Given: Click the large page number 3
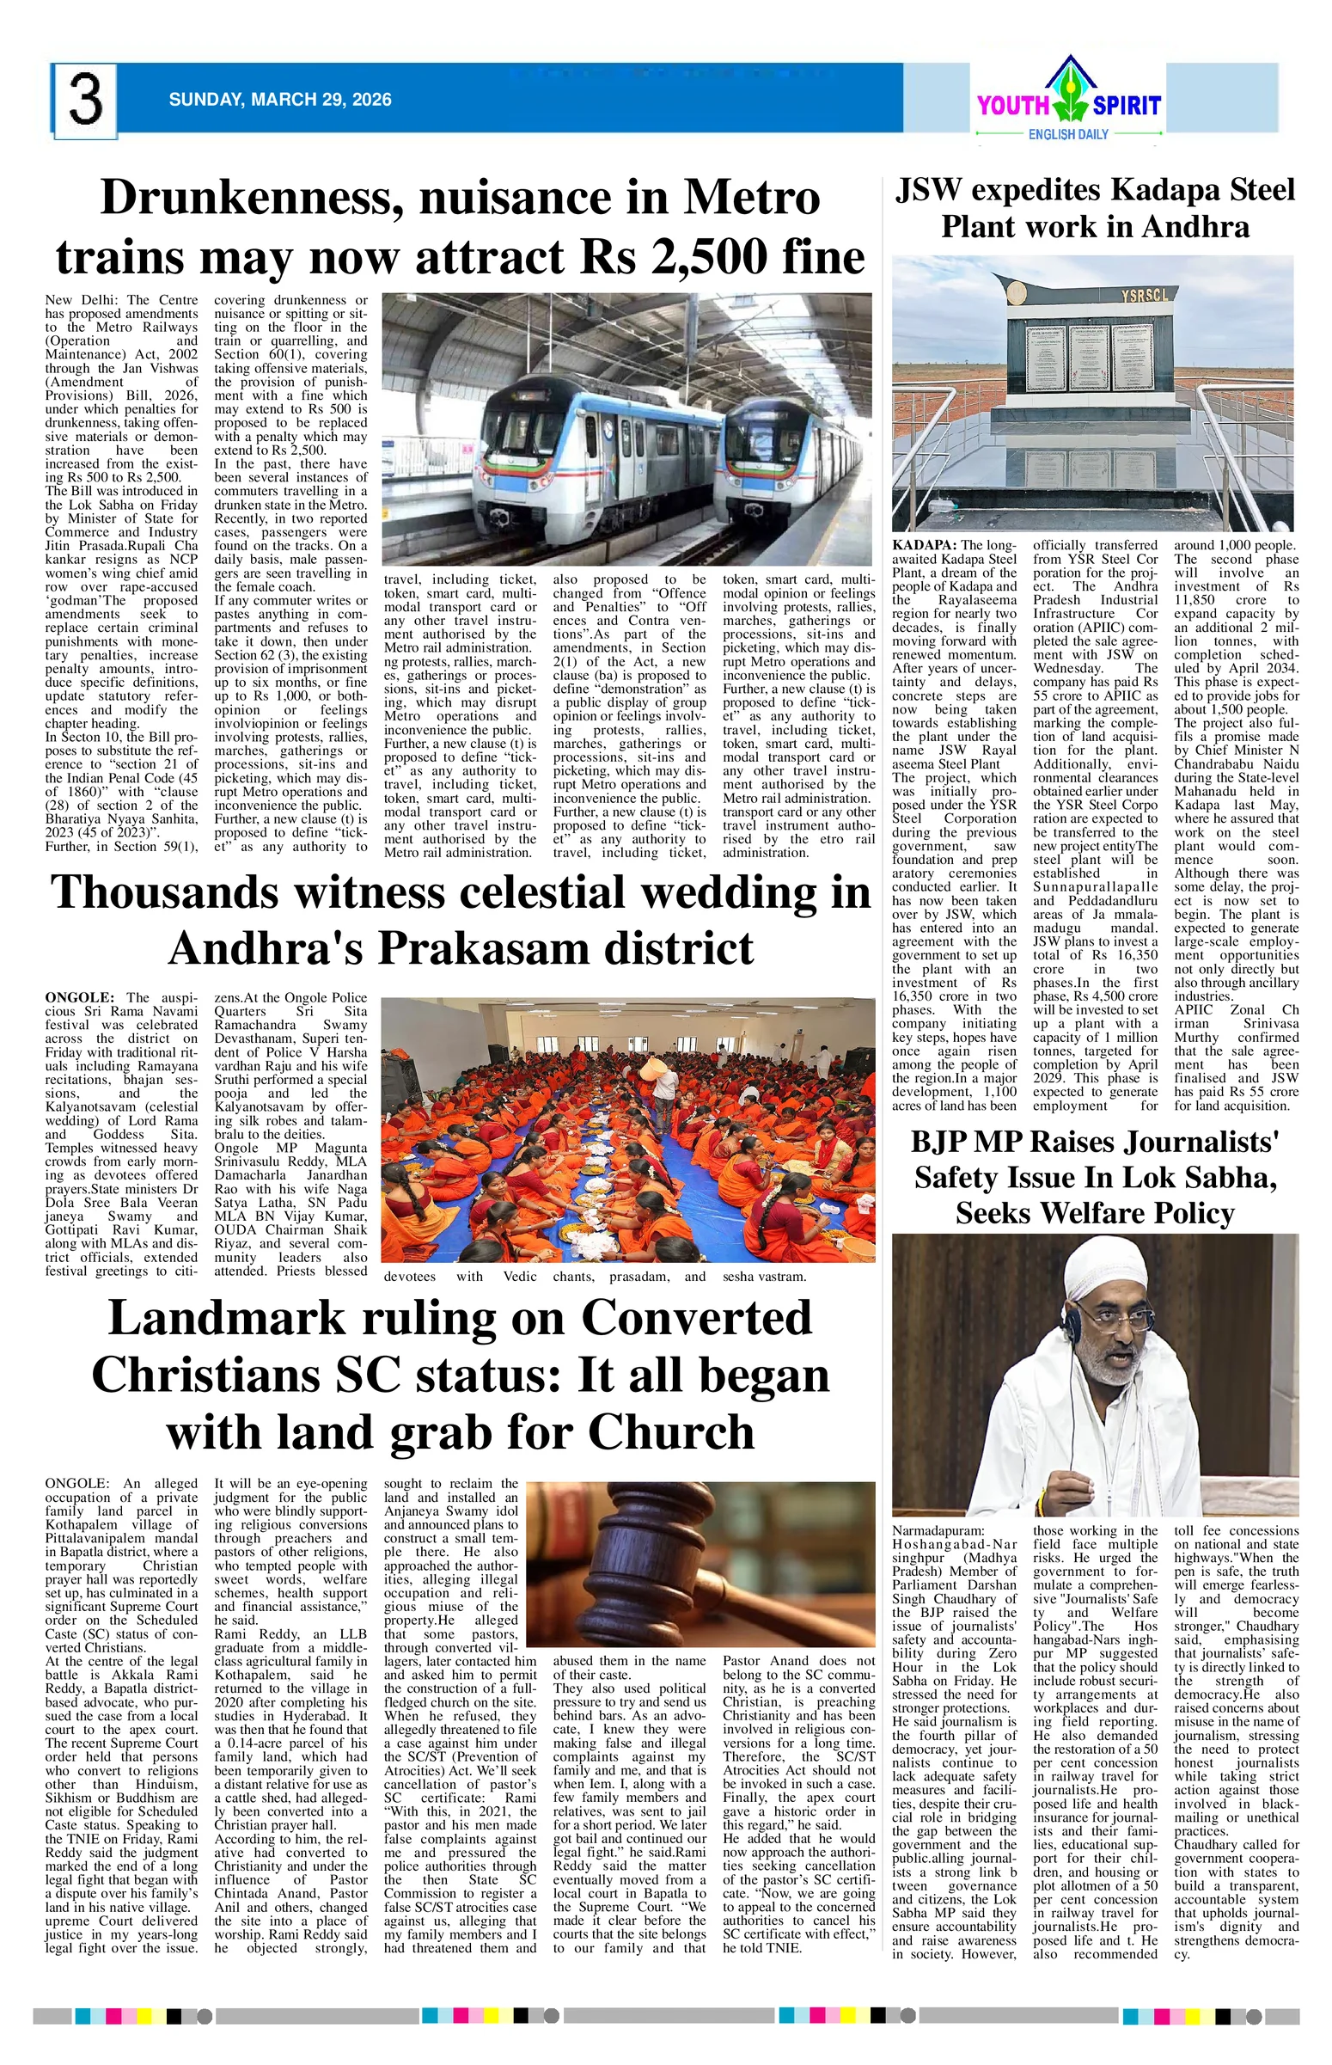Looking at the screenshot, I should pyautogui.click(x=85, y=101).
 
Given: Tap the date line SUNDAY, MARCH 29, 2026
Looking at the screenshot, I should pyautogui.click(x=280, y=100).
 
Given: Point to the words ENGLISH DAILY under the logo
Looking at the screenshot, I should pyautogui.click(x=1069, y=135).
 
